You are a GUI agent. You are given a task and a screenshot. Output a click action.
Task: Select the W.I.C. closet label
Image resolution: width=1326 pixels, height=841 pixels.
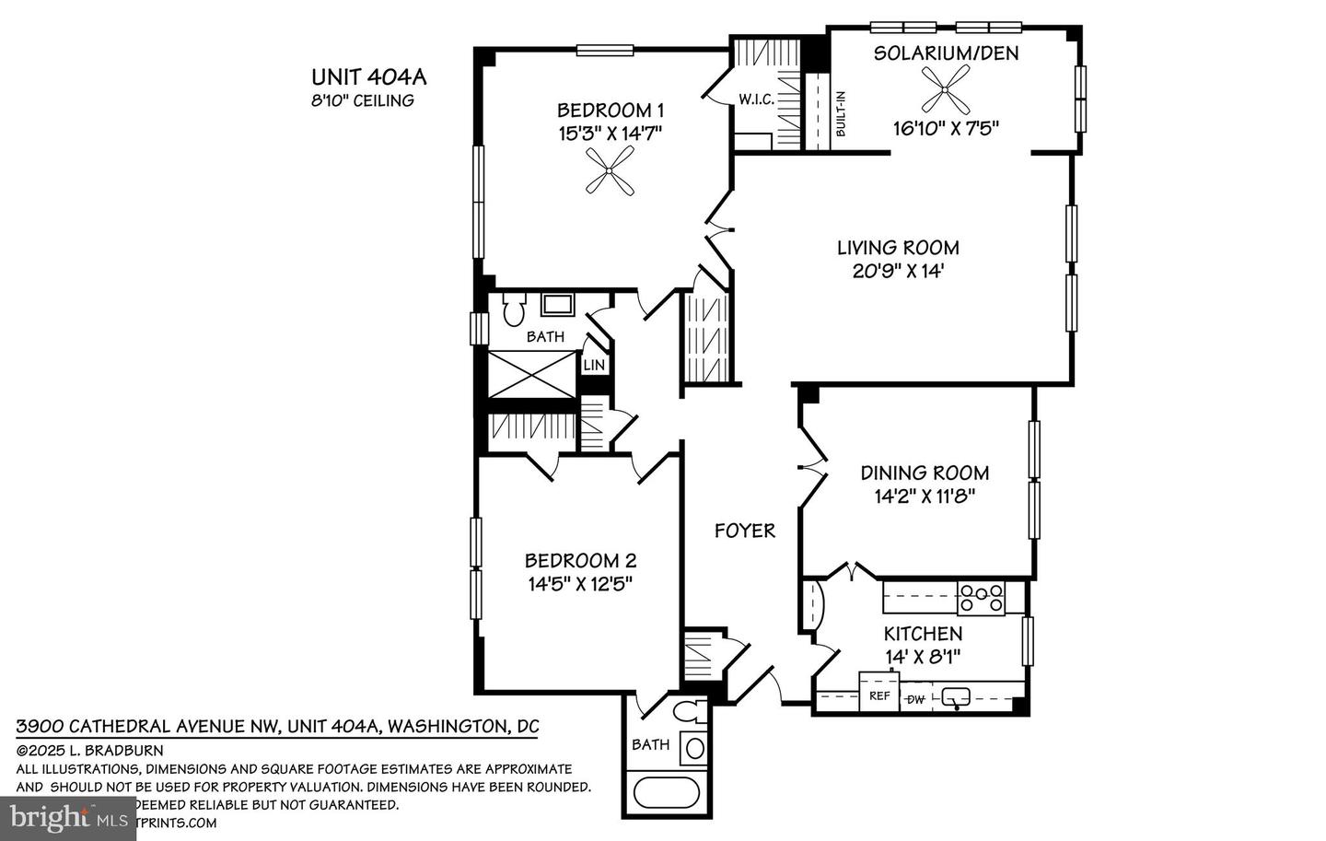pyautogui.click(x=756, y=99)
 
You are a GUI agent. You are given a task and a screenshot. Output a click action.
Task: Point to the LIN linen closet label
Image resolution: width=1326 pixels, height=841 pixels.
pyautogui.click(x=594, y=365)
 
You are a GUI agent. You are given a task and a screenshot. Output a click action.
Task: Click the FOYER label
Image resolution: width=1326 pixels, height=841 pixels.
pyautogui.click(x=745, y=531)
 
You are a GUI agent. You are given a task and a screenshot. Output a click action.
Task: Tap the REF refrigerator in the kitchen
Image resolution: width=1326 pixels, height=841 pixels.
pyautogui.click(x=879, y=695)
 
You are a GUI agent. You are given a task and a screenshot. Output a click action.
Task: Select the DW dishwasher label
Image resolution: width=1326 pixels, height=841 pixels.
pyautogui.click(x=916, y=699)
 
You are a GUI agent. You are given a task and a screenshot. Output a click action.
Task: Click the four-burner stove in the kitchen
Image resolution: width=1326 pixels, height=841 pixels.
pyautogui.click(x=981, y=599)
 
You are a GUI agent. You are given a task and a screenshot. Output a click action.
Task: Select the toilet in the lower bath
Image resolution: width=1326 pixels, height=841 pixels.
pyautogui.click(x=686, y=712)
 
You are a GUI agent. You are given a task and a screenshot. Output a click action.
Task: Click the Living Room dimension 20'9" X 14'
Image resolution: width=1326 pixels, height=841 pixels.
pyautogui.click(x=898, y=271)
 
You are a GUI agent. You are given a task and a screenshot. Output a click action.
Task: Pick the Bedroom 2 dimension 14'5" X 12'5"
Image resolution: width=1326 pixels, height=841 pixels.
pyautogui.click(x=580, y=583)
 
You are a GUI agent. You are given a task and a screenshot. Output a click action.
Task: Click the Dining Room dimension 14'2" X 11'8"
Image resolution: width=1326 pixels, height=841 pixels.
pyautogui.click(x=925, y=496)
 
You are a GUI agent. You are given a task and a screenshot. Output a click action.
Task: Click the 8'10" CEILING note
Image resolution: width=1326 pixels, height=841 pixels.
pyautogui.click(x=362, y=100)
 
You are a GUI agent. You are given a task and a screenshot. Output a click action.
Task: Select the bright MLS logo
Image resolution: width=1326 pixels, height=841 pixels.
pyautogui.click(x=69, y=816)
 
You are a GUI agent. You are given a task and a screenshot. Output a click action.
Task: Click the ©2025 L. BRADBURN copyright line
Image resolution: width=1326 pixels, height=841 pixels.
pyautogui.click(x=90, y=751)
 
